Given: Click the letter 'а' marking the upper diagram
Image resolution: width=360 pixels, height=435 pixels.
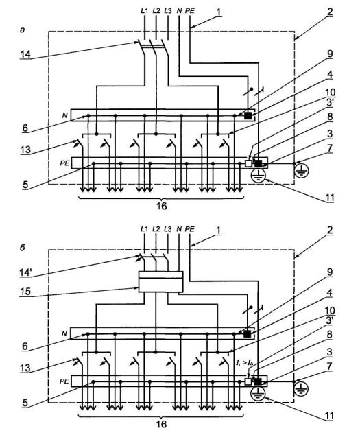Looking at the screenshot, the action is (x=23, y=30).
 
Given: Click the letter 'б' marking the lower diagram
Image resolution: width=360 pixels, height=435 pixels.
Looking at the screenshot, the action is (x=23, y=248).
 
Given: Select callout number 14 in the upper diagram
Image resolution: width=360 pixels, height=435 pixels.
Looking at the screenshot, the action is (x=25, y=54).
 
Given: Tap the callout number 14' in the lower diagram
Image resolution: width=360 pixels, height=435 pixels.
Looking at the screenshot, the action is (x=26, y=272).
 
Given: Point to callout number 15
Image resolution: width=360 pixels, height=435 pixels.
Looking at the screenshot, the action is (x=25, y=292).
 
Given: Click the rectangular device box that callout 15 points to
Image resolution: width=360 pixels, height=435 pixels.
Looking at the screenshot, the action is (x=160, y=281).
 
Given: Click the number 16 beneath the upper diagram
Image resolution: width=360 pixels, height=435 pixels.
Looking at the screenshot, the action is (x=162, y=206).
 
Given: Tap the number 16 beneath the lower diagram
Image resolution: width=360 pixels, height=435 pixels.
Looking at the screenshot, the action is (x=162, y=424).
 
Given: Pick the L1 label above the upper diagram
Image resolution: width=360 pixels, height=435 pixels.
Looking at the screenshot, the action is (x=144, y=11).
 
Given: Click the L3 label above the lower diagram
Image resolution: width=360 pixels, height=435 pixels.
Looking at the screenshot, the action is (x=168, y=229).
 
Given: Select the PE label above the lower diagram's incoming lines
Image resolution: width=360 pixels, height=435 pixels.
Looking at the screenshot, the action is (x=190, y=229).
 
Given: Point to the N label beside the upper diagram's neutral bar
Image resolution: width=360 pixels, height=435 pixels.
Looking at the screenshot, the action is (x=64, y=115).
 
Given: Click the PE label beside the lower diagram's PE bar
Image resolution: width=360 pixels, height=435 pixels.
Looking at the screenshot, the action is (x=64, y=381).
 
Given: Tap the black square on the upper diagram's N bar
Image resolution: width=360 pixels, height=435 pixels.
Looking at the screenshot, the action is (x=248, y=116).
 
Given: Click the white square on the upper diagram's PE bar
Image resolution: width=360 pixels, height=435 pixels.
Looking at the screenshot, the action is (x=249, y=164).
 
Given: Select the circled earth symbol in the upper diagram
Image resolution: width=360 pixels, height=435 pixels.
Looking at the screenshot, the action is (x=259, y=175).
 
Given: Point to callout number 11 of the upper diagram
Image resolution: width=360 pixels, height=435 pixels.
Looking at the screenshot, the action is (x=330, y=198).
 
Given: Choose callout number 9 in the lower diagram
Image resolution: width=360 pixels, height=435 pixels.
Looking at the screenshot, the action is (x=330, y=272).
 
